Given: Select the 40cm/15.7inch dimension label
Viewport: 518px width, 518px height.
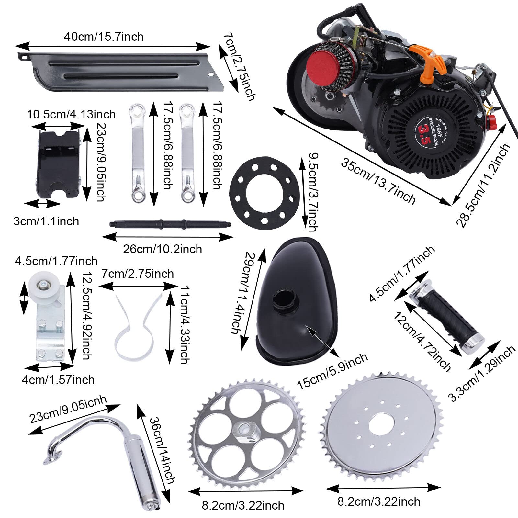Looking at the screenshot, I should coord(104,37).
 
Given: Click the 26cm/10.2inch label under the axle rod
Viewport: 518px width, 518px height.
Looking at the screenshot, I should coord(162,249).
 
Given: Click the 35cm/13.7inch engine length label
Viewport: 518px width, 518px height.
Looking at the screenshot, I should coord(377,182).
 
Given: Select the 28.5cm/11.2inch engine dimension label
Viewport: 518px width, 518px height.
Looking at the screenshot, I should coord(482,185).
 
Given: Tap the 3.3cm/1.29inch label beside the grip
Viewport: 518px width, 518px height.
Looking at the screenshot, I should coord(482,373).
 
